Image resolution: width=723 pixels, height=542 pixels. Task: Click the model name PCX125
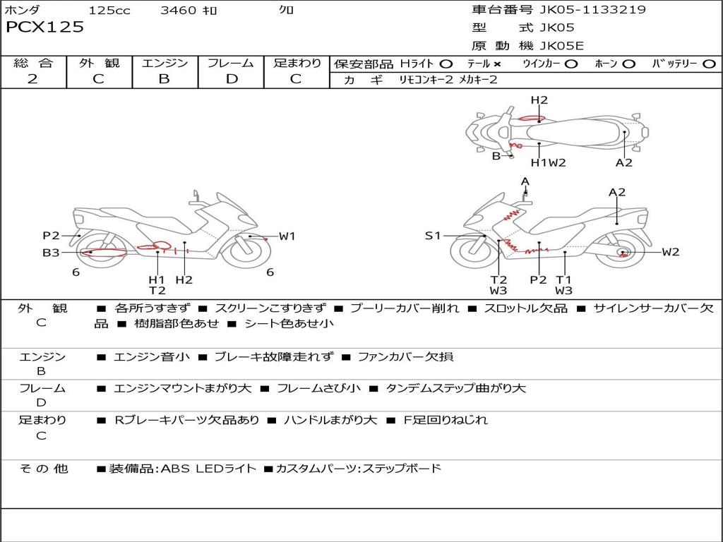[x=44, y=28]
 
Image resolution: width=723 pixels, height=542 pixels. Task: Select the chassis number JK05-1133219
[x=592, y=10]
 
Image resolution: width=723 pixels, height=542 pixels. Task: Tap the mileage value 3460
[x=178, y=11]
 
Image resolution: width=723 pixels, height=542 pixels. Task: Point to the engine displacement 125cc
[x=109, y=11]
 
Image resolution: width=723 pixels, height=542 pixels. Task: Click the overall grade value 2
[x=32, y=79]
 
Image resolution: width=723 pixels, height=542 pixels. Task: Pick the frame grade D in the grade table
[x=231, y=79]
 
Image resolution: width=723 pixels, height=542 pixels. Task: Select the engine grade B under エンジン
[x=164, y=79]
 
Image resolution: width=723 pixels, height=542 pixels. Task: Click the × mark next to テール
[x=497, y=64]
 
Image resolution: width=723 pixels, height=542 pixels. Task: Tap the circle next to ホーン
[x=629, y=64]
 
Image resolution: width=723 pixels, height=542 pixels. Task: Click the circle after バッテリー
[x=709, y=64]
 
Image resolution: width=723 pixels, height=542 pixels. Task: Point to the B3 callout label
[x=50, y=252]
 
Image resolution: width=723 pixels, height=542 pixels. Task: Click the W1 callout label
[x=287, y=236]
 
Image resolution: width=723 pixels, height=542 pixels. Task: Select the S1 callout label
[x=432, y=236]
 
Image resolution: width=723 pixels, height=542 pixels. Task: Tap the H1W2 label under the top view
[x=549, y=163]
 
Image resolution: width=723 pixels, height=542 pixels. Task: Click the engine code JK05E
[x=561, y=46]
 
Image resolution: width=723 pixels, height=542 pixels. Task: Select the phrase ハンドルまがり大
[x=330, y=420]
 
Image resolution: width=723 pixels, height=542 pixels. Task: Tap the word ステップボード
[x=401, y=468]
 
